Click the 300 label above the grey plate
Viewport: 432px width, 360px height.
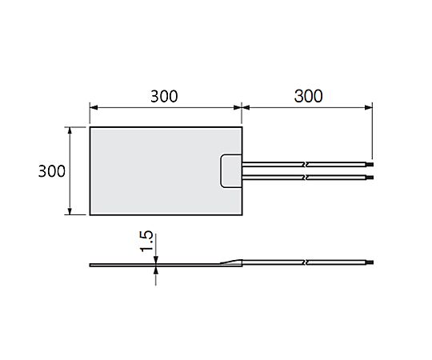(164, 97)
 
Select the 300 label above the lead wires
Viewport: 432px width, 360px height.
(308, 97)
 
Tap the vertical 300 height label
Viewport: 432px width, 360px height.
(52, 171)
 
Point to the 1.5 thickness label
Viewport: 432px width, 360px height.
(146, 242)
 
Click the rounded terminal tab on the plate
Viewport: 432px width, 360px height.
(231, 171)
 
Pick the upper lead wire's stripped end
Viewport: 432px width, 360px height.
(370, 165)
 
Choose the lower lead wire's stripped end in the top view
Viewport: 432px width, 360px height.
(370, 177)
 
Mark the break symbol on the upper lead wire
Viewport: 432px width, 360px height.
(306, 165)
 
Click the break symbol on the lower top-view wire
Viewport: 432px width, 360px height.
(306, 177)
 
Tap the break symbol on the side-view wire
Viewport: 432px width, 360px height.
(306, 262)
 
